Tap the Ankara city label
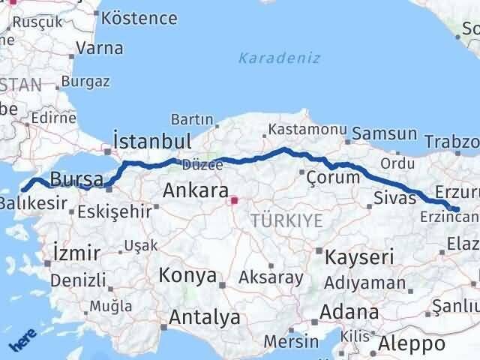point(196,190)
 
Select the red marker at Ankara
point(234,200)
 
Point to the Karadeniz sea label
point(280,58)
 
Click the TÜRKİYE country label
point(287,220)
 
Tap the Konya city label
point(187,275)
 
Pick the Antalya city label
point(204,317)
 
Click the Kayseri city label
point(359,257)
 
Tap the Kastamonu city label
point(307,129)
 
